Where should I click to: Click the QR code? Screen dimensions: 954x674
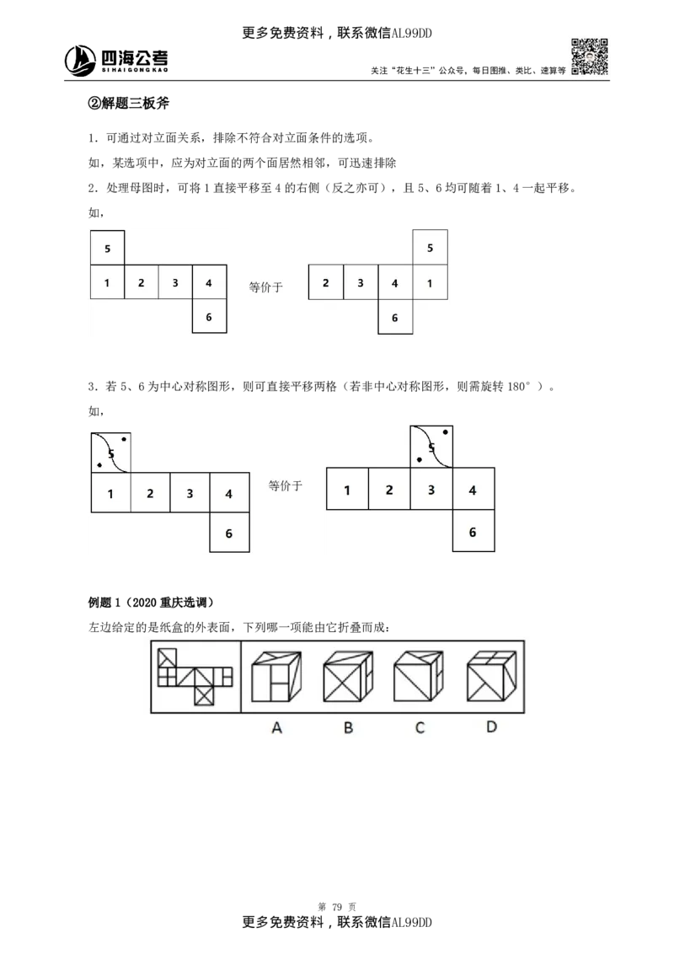click(589, 56)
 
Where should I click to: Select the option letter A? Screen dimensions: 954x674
click(276, 726)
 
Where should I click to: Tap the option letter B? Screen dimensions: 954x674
click(348, 726)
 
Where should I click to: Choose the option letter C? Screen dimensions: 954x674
click(420, 726)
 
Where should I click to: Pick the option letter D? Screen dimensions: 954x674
click(491, 726)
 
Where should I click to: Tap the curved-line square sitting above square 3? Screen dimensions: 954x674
click(431, 447)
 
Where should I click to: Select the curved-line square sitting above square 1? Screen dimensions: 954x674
click(110, 453)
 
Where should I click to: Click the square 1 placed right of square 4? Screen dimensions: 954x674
click(430, 283)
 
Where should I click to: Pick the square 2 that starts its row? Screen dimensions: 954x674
click(326, 283)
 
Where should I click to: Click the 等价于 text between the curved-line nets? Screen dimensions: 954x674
click(285, 485)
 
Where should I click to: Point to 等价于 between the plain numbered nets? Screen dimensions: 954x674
click(266, 287)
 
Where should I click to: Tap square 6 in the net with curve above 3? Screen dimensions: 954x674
click(473, 532)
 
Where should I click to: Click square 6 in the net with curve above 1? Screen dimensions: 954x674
click(229, 533)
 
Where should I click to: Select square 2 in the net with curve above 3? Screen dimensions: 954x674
click(389, 490)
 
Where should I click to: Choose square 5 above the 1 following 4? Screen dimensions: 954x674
click(430, 248)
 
